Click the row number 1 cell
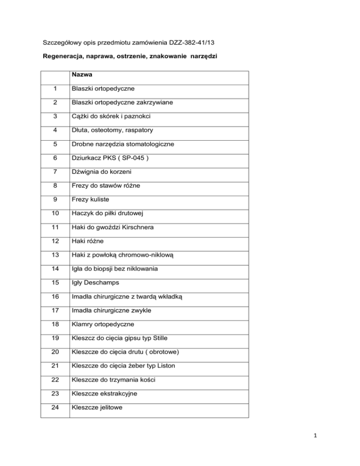point(55,89)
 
